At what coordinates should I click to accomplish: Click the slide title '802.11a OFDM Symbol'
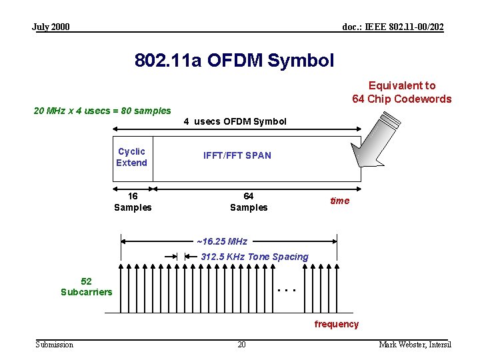pyautogui.click(x=234, y=61)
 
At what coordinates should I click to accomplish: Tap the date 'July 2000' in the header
pyautogui.click(x=51, y=27)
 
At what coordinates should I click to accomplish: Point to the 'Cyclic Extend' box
pyautogui.click(x=131, y=157)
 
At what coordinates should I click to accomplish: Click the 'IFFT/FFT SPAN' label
pyautogui.click(x=237, y=155)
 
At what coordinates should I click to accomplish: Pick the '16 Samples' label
pyautogui.click(x=133, y=201)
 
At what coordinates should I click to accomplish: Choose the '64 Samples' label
pyautogui.click(x=249, y=201)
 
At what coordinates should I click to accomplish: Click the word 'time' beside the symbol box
pyautogui.click(x=339, y=201)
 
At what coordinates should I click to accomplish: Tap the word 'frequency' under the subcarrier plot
pyautogui.click(x=337, y=324)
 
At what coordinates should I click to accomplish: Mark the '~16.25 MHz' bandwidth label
pyautogui.click(x=222, y=241)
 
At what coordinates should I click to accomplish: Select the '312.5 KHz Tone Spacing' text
pyautogui.click(x=255, y=257)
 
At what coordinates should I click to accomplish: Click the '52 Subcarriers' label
pyautogui.click(x=87, y=287)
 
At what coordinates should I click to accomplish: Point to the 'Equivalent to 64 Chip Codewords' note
pyautogui.click(x=402, y=92)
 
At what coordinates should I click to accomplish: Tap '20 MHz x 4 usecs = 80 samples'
pyautogui.click(x=102, y=111)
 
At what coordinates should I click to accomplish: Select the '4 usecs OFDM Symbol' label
pyautogui.click(x=235, y=121)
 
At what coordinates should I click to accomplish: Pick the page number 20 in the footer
pyautogui.click(x=241, y=344)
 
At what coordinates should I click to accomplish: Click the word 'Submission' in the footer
pyautogui.click(x=55, y=344)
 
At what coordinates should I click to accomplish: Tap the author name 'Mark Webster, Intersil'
pyautogui.click(x=415, y=344)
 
